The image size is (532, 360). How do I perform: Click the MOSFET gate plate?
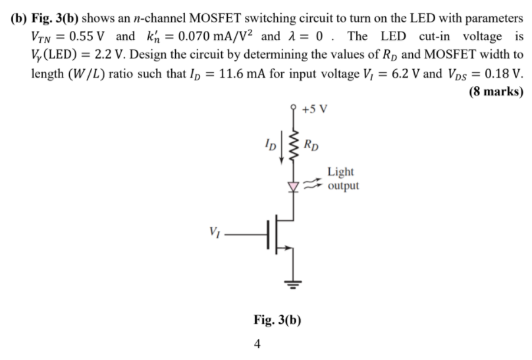pyautogui.click(x=269, y=234)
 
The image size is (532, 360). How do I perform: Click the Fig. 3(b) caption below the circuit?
pyautogui.click(x=277, y=321)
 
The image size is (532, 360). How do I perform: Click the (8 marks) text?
pyautogui.click(x=496, y=91)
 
